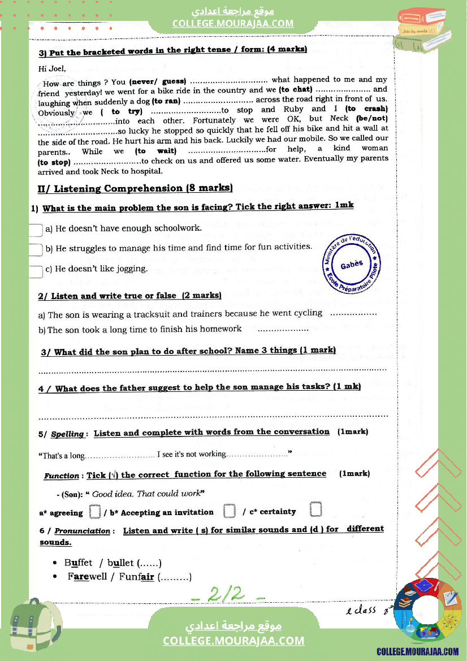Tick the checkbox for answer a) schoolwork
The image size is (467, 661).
point(36,230)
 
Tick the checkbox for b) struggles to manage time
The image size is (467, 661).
point(36,249)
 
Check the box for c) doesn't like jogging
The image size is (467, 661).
point(36,270)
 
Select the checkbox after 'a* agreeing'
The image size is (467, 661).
point(95,512)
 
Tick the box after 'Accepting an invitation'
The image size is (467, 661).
point(229,511)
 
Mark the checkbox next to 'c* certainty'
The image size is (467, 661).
point(316,509)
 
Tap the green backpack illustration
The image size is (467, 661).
point(37,627)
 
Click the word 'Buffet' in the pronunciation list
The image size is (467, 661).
point(79,563)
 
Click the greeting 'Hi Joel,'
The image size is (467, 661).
point(52,69)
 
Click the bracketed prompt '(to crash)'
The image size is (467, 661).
point(366,109)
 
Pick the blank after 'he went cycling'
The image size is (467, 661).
point(353,313)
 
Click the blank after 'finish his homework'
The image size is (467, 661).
point(283,329)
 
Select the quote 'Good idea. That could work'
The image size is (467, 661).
point(146,494)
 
